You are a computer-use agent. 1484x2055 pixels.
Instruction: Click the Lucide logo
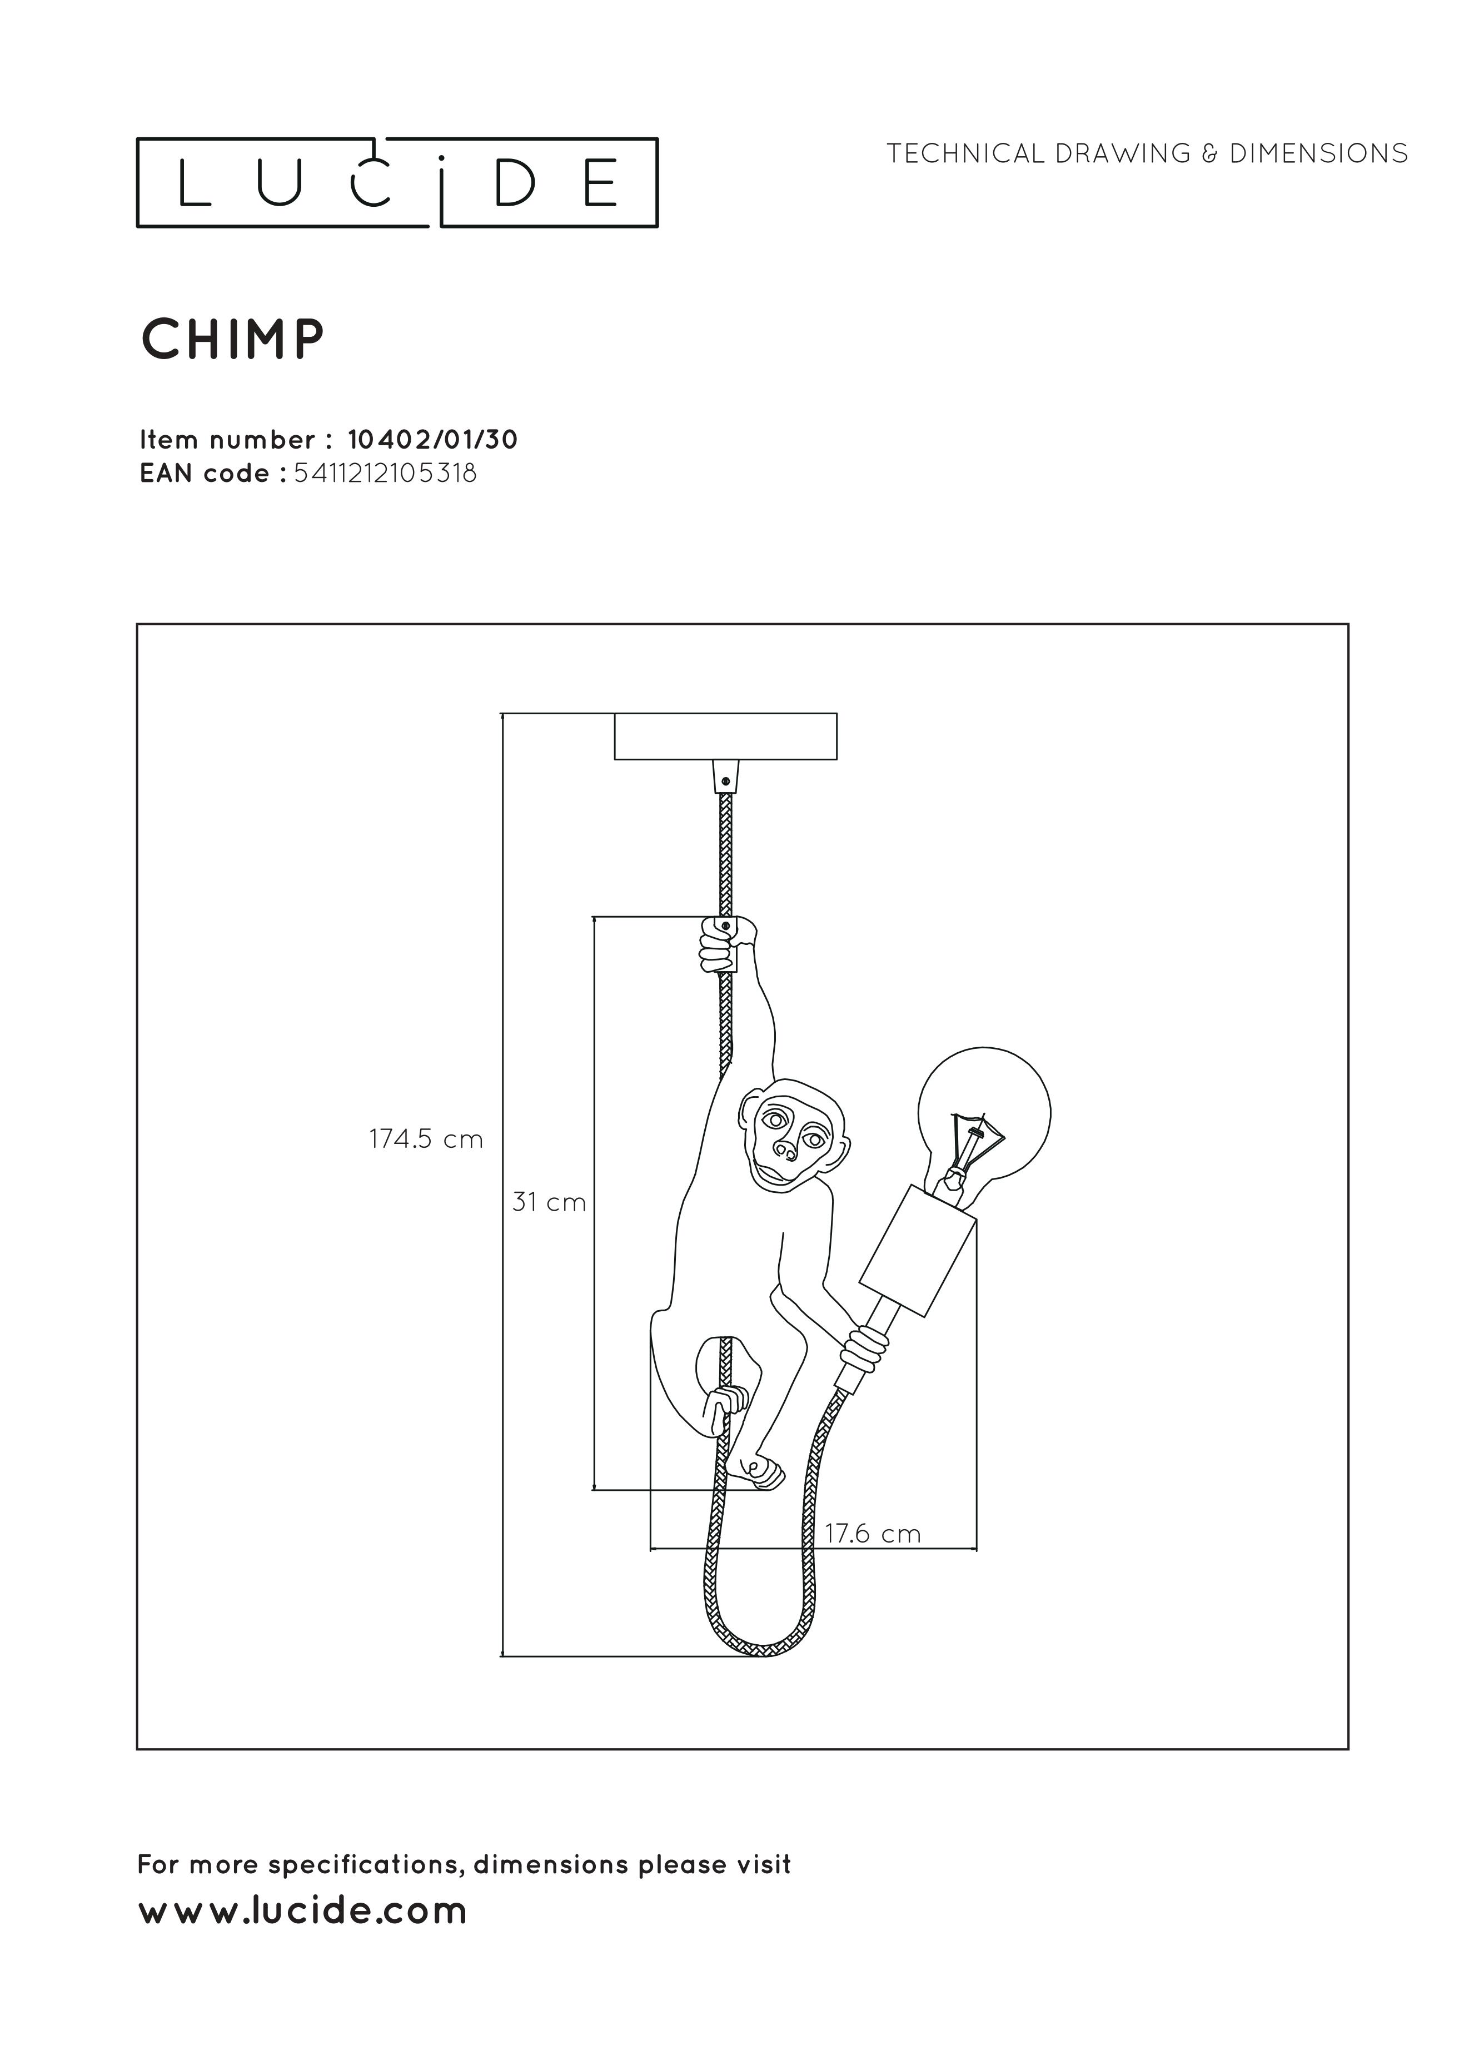click(397, 182)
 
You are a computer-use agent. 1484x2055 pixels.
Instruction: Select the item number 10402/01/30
click(433, 440)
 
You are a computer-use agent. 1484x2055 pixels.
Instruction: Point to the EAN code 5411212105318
click(385, 473)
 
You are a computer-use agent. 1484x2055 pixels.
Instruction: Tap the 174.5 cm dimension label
click(426, 1139)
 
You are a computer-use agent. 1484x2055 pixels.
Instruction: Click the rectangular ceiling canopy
click(725, 736)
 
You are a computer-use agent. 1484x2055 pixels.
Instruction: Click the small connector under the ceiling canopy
click(725, 775)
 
